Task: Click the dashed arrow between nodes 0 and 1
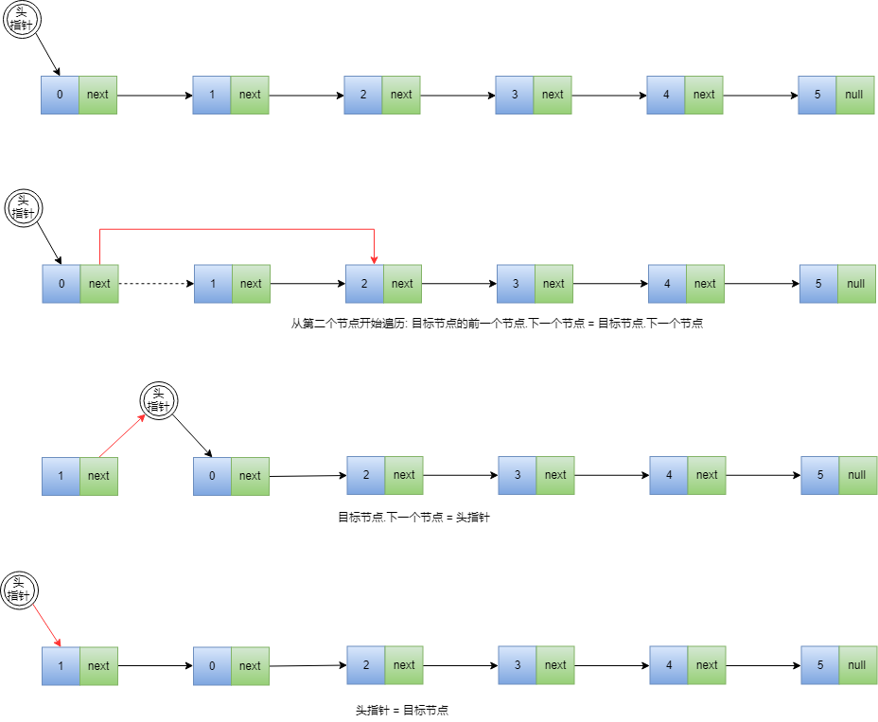[x=155, y=284]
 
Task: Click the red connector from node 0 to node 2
[x=237, y=229]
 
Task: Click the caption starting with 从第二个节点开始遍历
[x=497, y=324]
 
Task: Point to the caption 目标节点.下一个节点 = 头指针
[x=413, y=518]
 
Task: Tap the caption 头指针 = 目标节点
[x=401, y=710]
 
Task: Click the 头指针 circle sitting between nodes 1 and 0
[x=159, y=401]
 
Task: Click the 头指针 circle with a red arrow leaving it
[x=20, y=591]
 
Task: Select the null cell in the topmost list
[x=855, y=95]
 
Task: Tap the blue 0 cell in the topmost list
[x=61, y=95]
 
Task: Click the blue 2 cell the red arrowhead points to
[x=364, y=284]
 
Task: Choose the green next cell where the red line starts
[x=99, y=284]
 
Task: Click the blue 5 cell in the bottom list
[x=820, y=665]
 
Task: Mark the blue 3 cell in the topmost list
[x=515, y=95]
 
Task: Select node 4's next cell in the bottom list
[x=707, y=665]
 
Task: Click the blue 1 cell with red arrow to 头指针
[x=61, y=476]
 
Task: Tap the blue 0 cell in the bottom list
[x=212, y=666]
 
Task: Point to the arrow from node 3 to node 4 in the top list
[x=609, y=95]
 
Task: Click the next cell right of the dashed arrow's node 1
[x=251, y=284]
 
